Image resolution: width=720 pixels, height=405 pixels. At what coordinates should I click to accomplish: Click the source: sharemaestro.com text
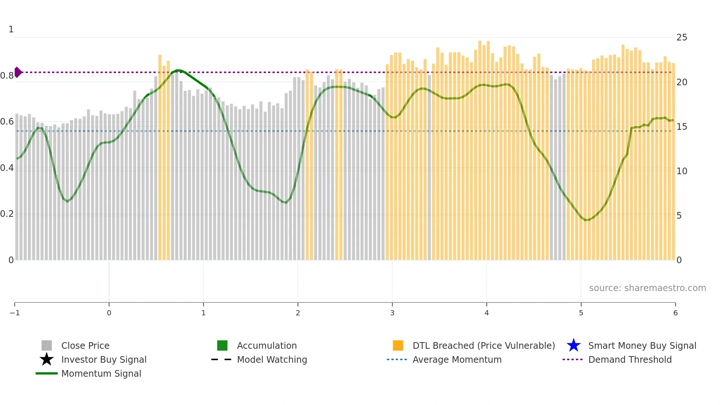pyautogui.click(x=647, y=288)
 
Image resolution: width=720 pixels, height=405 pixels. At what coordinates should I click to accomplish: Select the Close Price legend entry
pyautogui.click(x=85, y=346)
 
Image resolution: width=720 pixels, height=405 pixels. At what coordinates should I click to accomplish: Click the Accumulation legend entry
pyautogui.click(x=266, y=346)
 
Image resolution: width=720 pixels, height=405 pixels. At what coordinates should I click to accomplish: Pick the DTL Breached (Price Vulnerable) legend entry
pyautogui.click(x=483, y=346)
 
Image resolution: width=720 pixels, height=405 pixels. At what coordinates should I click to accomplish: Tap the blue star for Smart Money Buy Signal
pyautogui.click(x=573, y=345)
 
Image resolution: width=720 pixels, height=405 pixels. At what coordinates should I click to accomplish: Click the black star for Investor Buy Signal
pyautogui.click(x=47, y=359)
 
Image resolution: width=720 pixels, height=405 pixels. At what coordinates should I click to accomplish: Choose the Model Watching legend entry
pyautogui.click(x=271, y=360)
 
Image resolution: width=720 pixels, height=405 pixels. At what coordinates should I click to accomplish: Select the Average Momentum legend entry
pyautogui.click(x=457, y=360)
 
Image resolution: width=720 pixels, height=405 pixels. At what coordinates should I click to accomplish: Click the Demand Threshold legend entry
pyautogui.click(x=630, y=360)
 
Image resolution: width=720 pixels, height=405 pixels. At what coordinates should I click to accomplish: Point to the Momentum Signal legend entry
pyautogui.click(x=101, y=374)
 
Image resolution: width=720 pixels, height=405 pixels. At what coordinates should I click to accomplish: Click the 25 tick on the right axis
pyautogui.click(x=681, y=37)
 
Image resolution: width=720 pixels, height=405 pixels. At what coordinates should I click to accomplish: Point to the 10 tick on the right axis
pyautogui.click(x=681, y=171)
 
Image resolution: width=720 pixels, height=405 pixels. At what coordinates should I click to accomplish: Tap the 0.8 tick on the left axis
pyautogui.click(x=7, y=76)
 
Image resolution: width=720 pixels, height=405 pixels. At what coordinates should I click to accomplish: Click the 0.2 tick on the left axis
pyautogui.click(x=7, y=214)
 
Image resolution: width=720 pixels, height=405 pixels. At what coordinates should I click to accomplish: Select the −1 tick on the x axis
pyautogui.click(x=15, y=313)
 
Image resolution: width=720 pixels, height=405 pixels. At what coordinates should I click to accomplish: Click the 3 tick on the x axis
pyautogui.click(x=392, y=313)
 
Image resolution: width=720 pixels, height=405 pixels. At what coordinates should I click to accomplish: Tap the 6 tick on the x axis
pyautogui.click(x=675, y=313)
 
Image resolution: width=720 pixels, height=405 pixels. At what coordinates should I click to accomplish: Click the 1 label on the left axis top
pyautogui.click(x=11, y=29)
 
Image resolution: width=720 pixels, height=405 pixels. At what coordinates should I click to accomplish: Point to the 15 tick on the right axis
pyautogui.click(x=681, y=127)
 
